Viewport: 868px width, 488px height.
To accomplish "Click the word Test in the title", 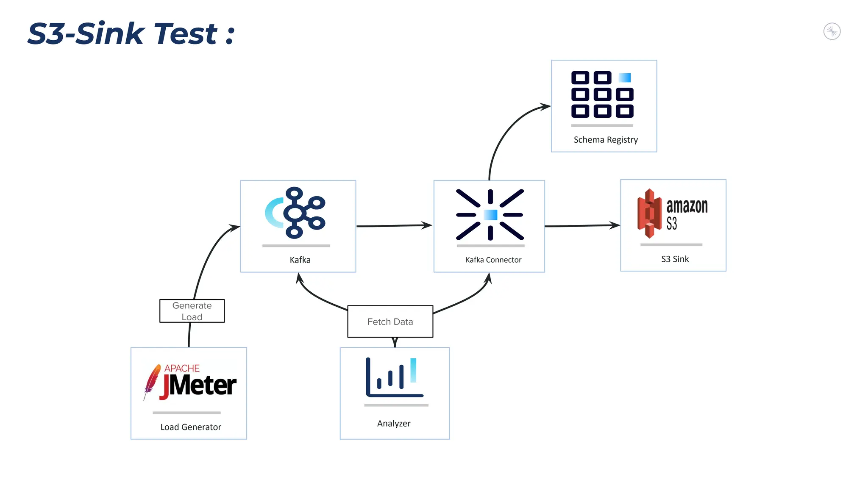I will pyautogui.click(x=186, y=34).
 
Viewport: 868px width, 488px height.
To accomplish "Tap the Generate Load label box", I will pyautogui.click(x=192, y=311).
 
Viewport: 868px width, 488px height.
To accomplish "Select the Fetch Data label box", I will pyautogui.click(x=390, y=322).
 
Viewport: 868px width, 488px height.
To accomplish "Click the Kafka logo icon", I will pyautogui.click(x=295, y=213).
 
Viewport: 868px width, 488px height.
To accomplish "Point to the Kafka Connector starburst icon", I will pyautogui.click(x=490, y=215).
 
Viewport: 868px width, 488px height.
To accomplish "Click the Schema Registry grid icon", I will pyautogui.click(x=602, y=94).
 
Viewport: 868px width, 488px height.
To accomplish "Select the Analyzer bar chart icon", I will pyautogui.click(x=394, y=377).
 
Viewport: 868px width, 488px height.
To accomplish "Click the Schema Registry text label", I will pyautogui.click(x=605, y=140).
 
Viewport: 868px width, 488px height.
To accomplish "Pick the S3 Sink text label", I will pyautogui.click(x=675, y=259).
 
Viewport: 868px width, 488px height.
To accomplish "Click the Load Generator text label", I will pyautogui.click(x=191, y=427).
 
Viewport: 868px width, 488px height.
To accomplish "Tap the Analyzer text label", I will pyautogui.click(x=394, y=424).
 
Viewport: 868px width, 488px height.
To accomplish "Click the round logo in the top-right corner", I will pyautogui.click(x=832, y=31).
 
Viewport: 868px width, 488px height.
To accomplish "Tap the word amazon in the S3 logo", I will pyautogui.click(x=687, y=206).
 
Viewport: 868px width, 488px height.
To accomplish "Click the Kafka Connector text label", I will pyautogui.click(x=493, y=260).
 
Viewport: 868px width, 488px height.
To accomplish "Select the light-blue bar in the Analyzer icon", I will pyautogui.click(x=413, y=370).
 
